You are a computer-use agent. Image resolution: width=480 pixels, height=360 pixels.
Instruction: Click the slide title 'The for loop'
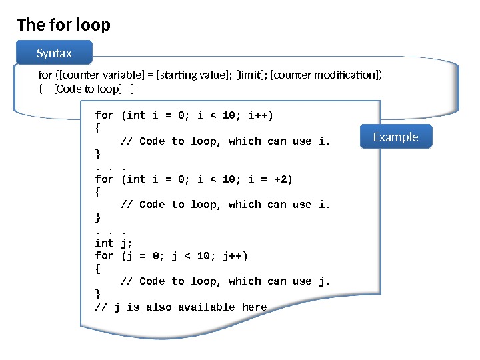coord(63,25)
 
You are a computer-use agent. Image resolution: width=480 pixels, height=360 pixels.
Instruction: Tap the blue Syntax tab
coord(54,53)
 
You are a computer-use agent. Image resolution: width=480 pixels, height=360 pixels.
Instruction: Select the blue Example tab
coord(395,137)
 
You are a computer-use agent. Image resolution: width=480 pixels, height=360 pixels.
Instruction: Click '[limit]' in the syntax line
coord(251,75)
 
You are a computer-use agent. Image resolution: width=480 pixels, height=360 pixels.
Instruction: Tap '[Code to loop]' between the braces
coord(87,89)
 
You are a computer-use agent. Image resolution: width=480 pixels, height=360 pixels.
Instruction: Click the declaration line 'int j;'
coord(114,243)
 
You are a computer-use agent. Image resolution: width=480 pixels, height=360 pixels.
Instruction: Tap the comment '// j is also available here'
coord(181,307)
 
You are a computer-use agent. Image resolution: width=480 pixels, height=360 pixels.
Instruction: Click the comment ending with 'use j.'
coord(225,281)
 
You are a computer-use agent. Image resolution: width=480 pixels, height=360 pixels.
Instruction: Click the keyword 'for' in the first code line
coord(104,115)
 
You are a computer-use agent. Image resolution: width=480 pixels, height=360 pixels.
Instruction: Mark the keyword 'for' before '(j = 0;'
coord(104,256)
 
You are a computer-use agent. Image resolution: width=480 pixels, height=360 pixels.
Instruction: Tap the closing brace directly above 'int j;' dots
coord(98,217)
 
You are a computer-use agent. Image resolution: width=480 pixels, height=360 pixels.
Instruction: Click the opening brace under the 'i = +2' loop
coord(98,192)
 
